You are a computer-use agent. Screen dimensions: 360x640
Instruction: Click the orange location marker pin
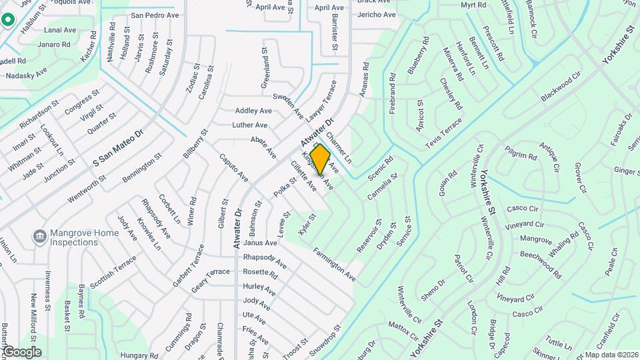point(321,159)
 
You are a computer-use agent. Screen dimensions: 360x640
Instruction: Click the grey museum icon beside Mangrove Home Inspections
point(39,235)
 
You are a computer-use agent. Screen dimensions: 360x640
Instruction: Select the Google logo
point(22,351)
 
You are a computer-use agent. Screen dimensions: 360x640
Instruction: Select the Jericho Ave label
point(376,15)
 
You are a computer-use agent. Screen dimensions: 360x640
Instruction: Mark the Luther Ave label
point(249,125)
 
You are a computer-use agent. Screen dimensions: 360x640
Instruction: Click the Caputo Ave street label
point(234,167)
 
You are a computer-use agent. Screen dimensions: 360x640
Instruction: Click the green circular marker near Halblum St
point(8,19)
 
